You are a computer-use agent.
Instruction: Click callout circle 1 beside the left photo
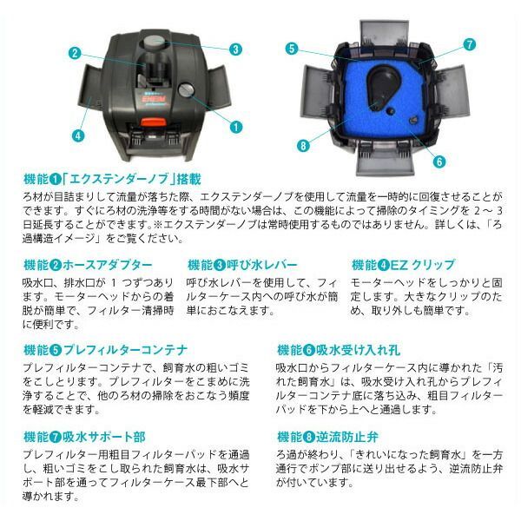click(235, 126)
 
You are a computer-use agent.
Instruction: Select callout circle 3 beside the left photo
click(235, 49)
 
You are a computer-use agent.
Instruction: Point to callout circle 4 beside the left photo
click(79, 135)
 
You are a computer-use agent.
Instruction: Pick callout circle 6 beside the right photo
click(439, 161)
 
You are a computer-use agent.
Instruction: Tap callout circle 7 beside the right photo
click(469, 43)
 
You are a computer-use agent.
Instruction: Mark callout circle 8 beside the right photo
click(302, 146)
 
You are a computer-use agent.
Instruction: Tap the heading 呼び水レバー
click(242, 264)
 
